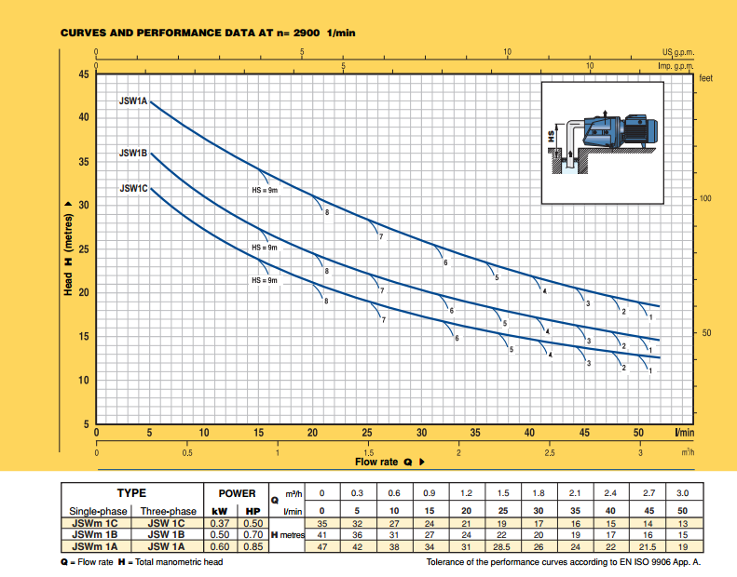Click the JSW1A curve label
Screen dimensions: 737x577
133,101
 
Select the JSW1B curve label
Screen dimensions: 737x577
133,153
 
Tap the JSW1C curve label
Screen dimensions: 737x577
133,188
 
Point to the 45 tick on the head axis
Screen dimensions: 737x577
84,74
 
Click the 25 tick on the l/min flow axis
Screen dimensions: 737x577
367,433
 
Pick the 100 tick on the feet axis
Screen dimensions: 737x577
705,198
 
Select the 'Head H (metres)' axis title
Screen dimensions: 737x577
69,248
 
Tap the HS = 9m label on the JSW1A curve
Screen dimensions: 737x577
265,190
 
